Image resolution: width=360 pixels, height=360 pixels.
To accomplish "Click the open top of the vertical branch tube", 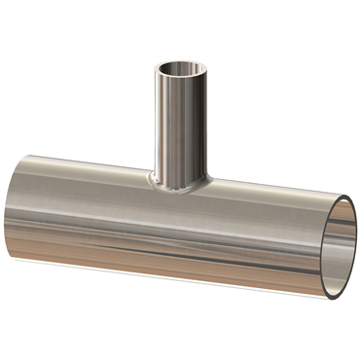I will (x=182, y=70).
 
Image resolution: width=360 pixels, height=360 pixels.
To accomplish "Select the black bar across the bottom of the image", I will (x=180, y=331).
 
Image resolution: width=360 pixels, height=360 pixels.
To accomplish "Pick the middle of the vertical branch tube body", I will (x=182, y=126).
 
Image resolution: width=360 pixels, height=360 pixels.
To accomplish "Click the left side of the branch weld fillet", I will (x=153, y=178).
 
